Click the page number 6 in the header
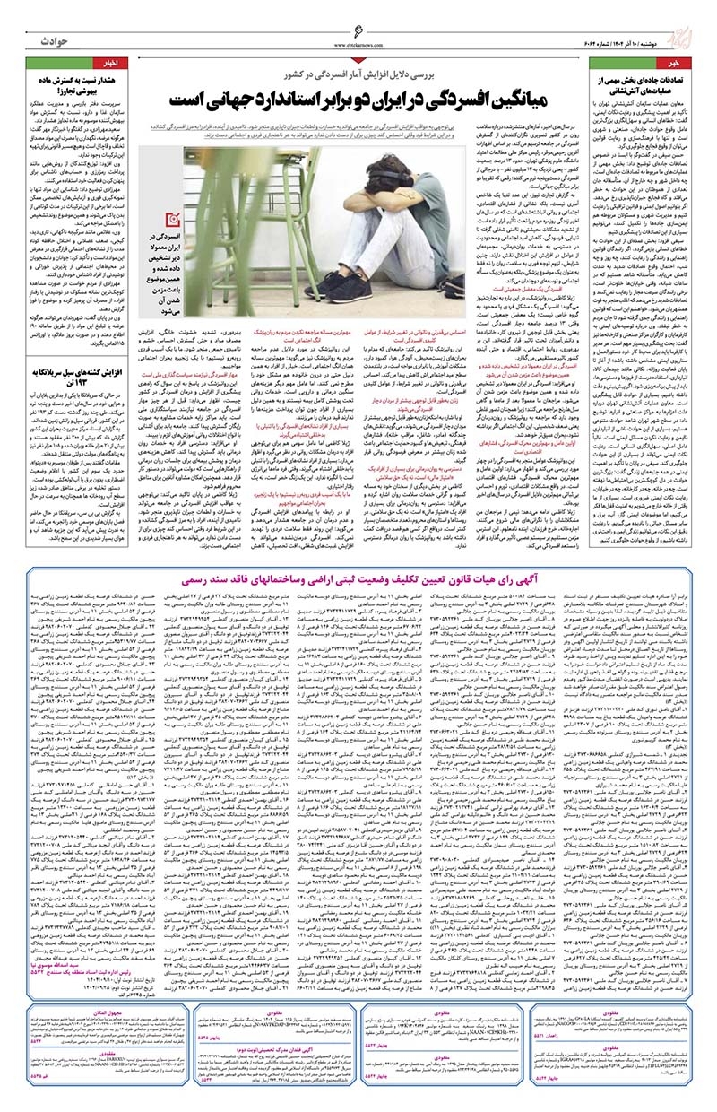point(358,30)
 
